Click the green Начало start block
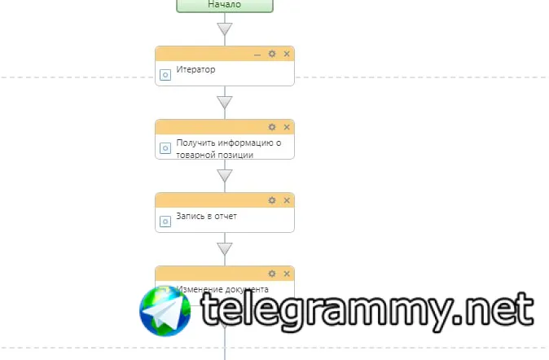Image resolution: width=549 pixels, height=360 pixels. point(224,5)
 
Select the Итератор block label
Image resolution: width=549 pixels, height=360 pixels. point(195,70)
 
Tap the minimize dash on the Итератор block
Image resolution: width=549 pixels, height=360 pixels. point(257,54)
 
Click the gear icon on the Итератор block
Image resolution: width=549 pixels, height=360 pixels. point(272,54)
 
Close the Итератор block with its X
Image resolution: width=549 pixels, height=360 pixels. point(286,54)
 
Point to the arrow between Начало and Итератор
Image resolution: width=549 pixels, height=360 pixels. point(225,29)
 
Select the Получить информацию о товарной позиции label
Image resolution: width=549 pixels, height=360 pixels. point(228,148)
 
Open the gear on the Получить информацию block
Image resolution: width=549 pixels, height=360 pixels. point(272,127)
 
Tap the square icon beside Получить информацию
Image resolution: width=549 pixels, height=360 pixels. point(165,147)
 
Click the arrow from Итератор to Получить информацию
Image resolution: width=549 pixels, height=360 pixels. point(225,103)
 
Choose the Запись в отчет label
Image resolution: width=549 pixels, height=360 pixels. point(205,217)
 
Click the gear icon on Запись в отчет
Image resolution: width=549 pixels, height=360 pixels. point(272,200)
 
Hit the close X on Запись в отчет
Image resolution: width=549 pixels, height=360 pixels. point(286,200)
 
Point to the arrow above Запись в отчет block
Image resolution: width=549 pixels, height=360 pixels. point(225,176)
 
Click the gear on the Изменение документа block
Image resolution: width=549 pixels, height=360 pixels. point(272,274)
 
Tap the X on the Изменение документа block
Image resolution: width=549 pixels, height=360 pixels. point(286,274)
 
